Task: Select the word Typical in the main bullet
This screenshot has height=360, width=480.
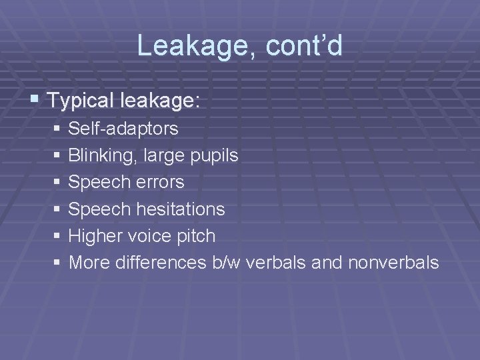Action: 81,101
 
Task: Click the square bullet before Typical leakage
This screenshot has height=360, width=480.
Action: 35,101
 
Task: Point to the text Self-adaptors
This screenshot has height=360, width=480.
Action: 123,127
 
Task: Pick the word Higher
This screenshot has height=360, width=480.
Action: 95,235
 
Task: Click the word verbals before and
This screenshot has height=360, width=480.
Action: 277,263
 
